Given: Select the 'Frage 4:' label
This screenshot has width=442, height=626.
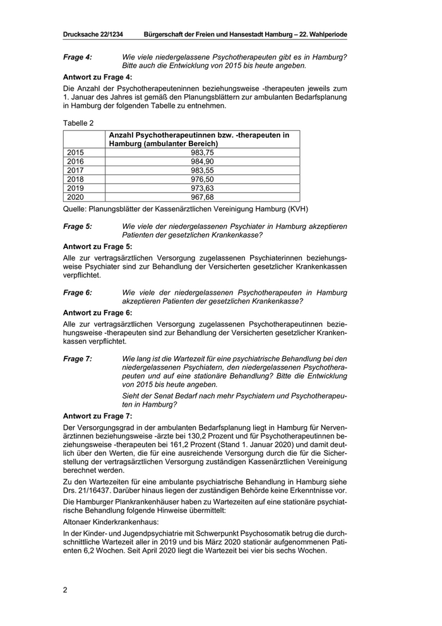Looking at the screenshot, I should pos(78,57).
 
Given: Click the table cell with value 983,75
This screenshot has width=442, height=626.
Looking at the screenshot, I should pos(203,152).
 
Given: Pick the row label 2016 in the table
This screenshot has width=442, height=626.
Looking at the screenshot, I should pos(75,161).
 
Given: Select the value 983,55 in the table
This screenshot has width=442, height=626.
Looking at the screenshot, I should pos(203,170).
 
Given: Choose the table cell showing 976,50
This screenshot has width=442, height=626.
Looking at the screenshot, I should pos(203,179).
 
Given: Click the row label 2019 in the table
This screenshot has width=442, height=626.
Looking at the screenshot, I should pos(75,188).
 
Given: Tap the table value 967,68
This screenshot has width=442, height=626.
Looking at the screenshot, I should pos(203,197).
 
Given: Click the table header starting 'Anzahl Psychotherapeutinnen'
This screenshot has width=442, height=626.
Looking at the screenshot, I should pos(199,139).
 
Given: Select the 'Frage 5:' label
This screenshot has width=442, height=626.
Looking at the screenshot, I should pos(78,226).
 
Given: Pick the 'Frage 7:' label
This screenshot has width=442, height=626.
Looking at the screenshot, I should pos(78,359).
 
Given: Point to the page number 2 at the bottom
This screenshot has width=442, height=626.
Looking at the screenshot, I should pos(65,591).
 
